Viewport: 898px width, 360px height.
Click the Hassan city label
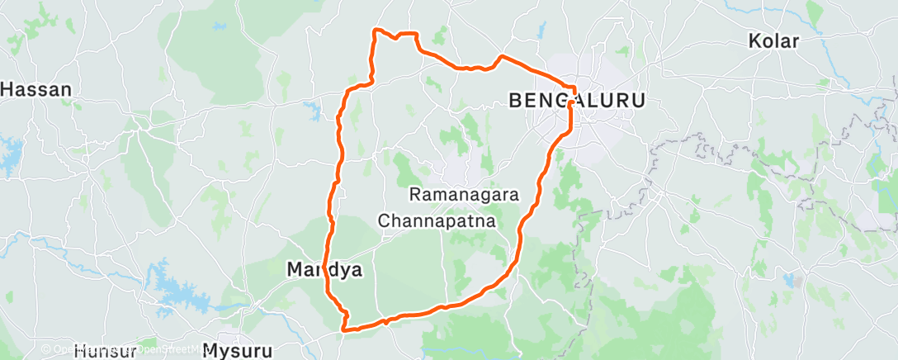click(35, 89)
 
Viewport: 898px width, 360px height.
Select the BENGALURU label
click(577, 101)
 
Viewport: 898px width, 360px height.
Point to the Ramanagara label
click(465, 196)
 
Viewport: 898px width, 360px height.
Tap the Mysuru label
click(238, 351)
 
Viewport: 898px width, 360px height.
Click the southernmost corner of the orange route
click(343, 330)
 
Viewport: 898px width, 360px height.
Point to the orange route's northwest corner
click(376, 31)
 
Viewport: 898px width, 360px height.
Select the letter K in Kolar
click(754, 40)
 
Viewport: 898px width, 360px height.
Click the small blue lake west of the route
click(311, 108)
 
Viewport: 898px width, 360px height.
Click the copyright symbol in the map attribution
click(46, 349)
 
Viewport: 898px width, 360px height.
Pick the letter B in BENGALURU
click(517, 101)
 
